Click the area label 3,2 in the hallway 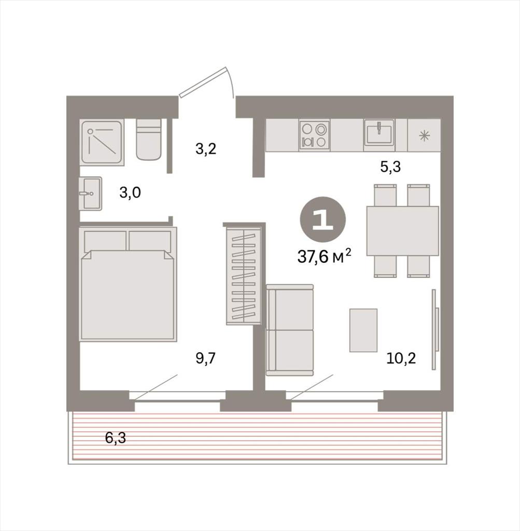tap(206, 149)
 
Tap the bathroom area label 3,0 tap(130, 193)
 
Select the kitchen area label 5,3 tap(390, 166)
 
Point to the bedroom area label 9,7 tap(205, 358)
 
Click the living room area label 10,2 tap(401, 358)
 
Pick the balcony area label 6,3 tap(116, 438)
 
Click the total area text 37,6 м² tap(324, 256)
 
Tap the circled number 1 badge tap(322, 219)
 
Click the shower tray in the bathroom tap(102, 143)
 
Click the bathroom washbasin tap(90, 193)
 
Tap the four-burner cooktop tap(315, 135)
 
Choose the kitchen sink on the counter tap(379, 132)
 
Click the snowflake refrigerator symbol tap(424, 136)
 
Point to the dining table tap(402, 231)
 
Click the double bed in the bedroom tap(128, 284)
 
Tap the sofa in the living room tap(290, 330)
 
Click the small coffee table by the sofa tap(363, 330)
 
